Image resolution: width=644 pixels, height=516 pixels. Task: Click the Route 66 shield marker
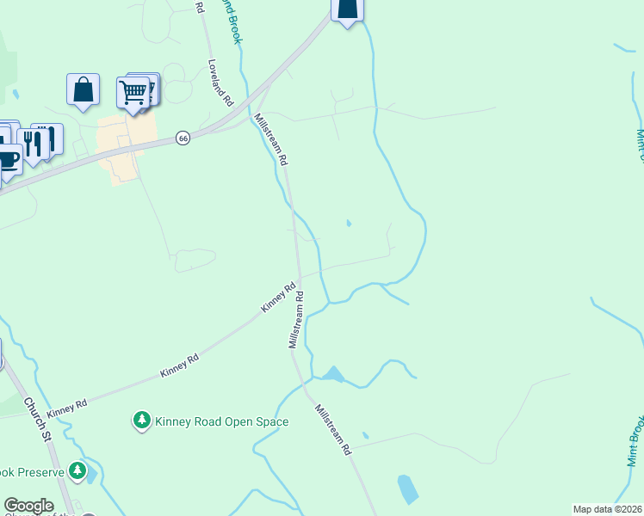click(x=182, y=138)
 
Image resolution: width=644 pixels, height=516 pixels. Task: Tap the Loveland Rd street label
click(x=221, y=83)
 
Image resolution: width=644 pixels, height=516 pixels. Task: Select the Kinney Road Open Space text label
click(x=221, y=421)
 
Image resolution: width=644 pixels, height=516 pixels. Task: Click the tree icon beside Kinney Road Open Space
click(x=141, y=421)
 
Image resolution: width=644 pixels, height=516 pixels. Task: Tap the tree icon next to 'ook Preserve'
click(x=78, y=470)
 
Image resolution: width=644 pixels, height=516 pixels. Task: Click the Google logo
click(x=28, y=507)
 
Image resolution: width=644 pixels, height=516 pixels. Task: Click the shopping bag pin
click(x=83, y=89)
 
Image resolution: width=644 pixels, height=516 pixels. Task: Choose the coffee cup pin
click(x=8, y=160)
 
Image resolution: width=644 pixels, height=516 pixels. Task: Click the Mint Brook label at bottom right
click(x=635, y=439)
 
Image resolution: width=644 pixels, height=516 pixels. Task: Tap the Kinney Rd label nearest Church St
click(x=68, y=408)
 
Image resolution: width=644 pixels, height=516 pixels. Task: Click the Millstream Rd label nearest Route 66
click(x=271, y=139)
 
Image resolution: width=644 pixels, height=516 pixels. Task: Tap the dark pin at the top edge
click(x=346, y=9)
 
